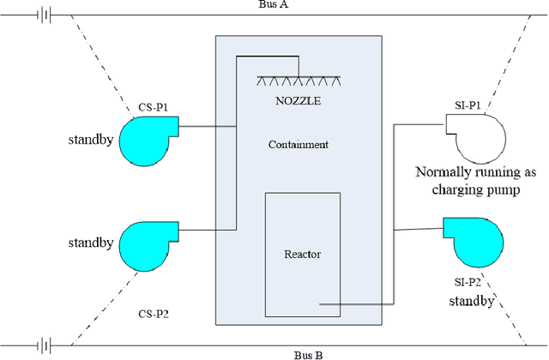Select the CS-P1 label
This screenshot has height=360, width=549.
154,107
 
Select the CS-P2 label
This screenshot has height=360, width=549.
154,314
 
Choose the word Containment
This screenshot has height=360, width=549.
297,145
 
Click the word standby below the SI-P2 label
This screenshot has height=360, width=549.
472,301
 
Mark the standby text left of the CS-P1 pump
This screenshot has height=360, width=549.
91,139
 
